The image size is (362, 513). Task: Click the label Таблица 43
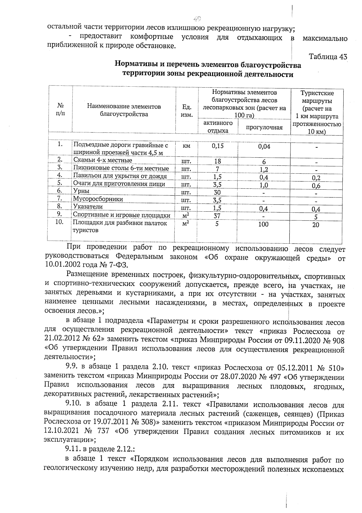pyautogui.click(x=328, y=56)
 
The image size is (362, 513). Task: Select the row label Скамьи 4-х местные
pyautogui.click(x=103, y=160)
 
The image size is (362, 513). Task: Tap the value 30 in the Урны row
pyautogui.click(x=217, y=192)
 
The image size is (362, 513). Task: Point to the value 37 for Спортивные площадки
pyautogui.click(x=217, y=216)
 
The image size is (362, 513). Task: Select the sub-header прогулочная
pyautogui.click(x=264, y=127)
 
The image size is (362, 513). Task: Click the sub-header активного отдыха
pyautogui.click(x=218, y=127)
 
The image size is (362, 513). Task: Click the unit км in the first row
pyautogui.click(x=186, y=146)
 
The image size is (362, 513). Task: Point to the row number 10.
pyautogui.click(x=60, y=222)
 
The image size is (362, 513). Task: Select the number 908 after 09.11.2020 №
pyautogui.click(x=337, y=340)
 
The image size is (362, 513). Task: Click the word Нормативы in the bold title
pyautogui.click(x=135, y=64)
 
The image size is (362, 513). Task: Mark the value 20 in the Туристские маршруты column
pyautogui.click(x=316, y=225)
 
